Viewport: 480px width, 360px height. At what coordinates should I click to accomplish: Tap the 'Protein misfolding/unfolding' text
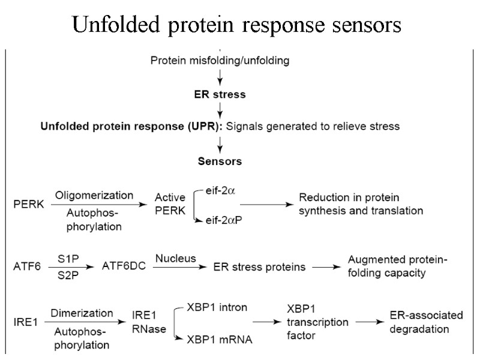(x=220, y=60)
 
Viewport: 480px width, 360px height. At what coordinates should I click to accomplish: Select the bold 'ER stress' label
(x=221, y=94)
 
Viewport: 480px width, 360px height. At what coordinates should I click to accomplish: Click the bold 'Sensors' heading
(x=220, y=161)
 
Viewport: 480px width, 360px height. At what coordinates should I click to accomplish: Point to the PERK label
(x=29, y=204)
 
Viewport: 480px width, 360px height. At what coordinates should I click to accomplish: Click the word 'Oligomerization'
(x=94, y=195)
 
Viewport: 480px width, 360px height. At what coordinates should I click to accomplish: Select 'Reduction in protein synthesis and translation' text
(x=361, y=204)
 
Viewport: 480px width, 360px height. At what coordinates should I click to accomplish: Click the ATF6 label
(x=27, y=266)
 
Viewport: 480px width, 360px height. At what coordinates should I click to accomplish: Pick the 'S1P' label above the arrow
(x=68, y=258)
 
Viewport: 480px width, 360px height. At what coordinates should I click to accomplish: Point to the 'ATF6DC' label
(x=124, y=266)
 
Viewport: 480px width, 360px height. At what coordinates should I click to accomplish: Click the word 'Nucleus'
(x=176, y=259)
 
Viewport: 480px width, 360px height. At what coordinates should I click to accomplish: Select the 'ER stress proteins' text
(x=260, y=266)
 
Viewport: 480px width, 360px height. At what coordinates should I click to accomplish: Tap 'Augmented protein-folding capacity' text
(x=397, y=266)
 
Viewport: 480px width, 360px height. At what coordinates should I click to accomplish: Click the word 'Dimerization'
(x=82, y=313)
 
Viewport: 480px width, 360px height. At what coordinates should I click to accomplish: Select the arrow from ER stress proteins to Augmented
(x=326, y=267)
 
